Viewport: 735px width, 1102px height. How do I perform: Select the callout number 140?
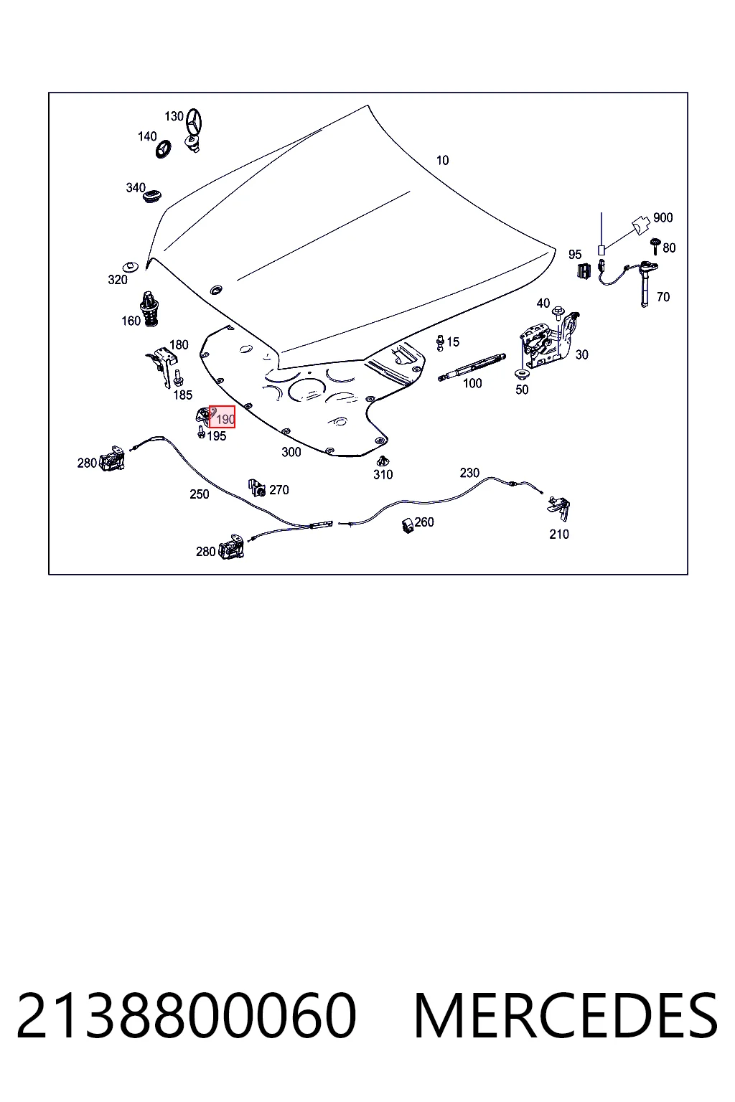click(x=147, y=136)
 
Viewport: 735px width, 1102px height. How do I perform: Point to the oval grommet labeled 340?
click(x=152, y=197)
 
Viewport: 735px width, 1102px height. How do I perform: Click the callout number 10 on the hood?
click(x=442, y=161)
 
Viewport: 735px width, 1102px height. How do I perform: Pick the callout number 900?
click(x=663, y=217)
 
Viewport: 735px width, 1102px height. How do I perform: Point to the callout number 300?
click(x=291, y=451)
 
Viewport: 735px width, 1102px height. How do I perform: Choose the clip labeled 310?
click(x=382, y=461)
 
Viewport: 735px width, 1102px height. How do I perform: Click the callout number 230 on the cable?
click(x=469, y=473)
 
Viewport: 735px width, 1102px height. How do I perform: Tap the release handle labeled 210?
click(x=560, y=508)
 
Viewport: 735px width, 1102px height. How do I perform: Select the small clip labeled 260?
click(x=408, y=525)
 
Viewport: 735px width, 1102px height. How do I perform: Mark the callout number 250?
click(x=200, y=494)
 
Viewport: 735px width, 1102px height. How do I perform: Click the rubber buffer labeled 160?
click(x=149, y=309)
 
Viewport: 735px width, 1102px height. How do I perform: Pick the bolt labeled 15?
click(x=440, y=342)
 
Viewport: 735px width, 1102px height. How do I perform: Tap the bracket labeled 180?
click(x=161, y=366)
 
